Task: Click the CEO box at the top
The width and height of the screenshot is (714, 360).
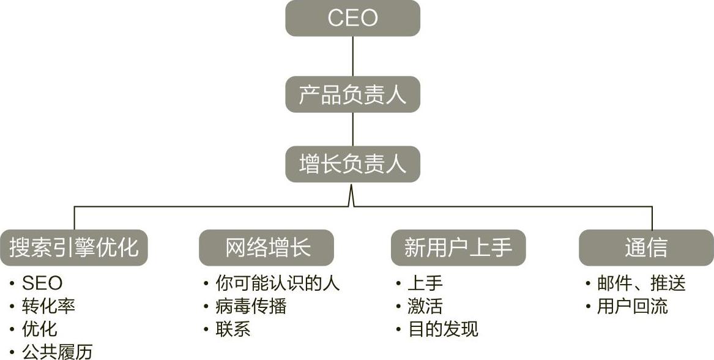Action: pos(352,18)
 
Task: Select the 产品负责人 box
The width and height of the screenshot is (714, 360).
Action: pos(352,94)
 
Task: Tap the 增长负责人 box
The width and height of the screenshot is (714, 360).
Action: pos(352,163)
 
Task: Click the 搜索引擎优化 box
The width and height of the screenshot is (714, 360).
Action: pos(73,247)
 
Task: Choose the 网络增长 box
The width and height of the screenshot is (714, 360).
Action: pos(266,247)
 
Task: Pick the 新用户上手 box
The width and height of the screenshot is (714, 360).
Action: pos(458,247)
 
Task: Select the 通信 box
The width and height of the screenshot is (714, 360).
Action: pos(645,247)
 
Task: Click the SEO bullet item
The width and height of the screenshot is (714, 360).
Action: pos(42,283)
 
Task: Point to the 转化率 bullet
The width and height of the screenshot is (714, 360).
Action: pos(48,306)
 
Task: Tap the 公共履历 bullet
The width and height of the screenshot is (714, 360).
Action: pos(57,351)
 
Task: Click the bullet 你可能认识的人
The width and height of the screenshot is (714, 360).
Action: pos(277,283)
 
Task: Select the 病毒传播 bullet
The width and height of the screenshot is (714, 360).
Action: pos(251,306)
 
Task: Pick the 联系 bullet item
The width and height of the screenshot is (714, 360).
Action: pos(233,329)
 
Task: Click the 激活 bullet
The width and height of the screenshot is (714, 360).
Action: pos(425,306)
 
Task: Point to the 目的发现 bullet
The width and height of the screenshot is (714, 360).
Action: pos(443,329)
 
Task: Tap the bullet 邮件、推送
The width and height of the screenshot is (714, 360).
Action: pos(641,283)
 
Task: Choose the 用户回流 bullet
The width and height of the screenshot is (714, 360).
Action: pos(632,306)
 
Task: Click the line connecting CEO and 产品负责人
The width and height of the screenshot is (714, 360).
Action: pos(353,56)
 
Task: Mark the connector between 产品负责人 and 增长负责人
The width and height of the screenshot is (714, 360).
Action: pos(353,129)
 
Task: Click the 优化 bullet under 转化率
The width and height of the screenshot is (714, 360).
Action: pos(39,329)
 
